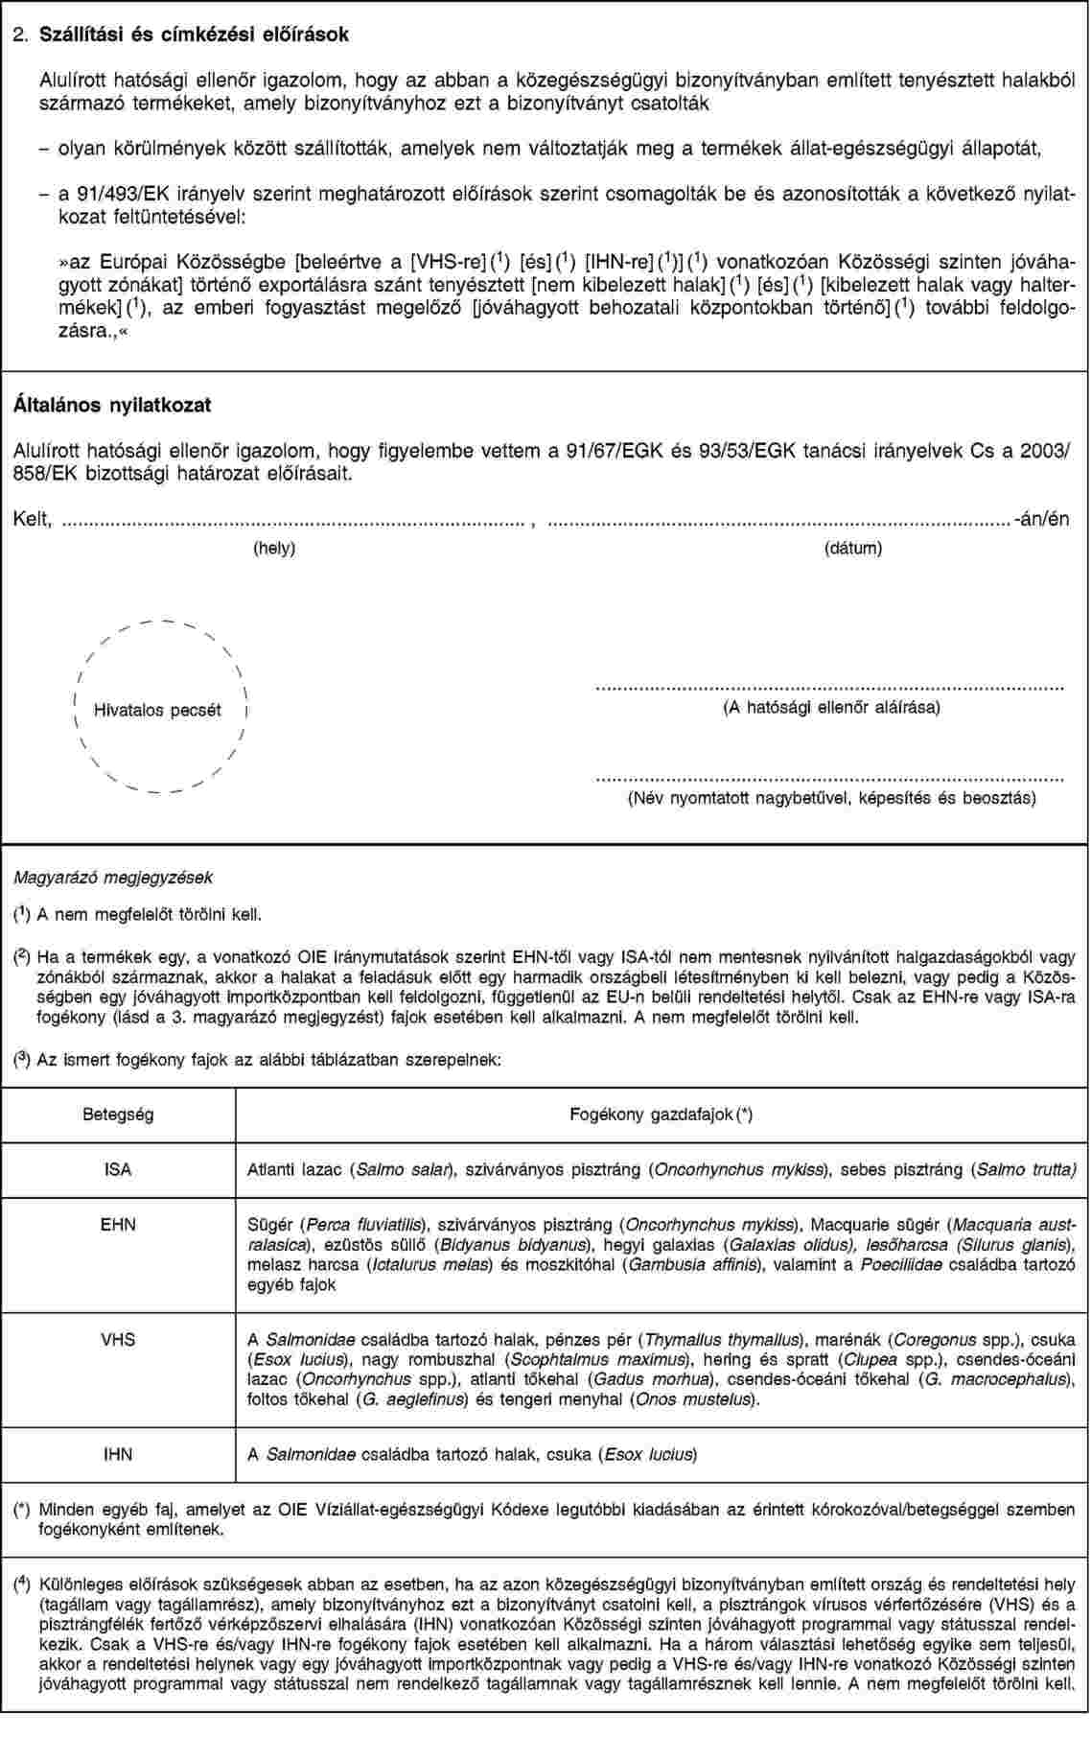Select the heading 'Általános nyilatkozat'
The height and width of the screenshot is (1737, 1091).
click(111, 405)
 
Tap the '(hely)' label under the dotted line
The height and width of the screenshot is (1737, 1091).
click(273, 549)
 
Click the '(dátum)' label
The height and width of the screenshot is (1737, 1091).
click(853, 549)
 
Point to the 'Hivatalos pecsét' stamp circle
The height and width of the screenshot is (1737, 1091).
click(158, 710)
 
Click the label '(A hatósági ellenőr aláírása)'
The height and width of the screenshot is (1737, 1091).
click(830, 707)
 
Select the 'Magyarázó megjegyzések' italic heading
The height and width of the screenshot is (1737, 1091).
click(112, 877)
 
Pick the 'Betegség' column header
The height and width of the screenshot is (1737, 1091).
click(118, 1115)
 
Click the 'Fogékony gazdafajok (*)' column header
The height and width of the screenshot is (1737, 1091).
click(661, 1115)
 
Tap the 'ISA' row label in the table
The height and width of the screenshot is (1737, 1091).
click(118, 1170)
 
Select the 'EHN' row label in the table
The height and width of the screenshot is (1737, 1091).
click(118, 1225)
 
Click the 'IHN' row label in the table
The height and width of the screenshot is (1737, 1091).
click(118, 1454)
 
